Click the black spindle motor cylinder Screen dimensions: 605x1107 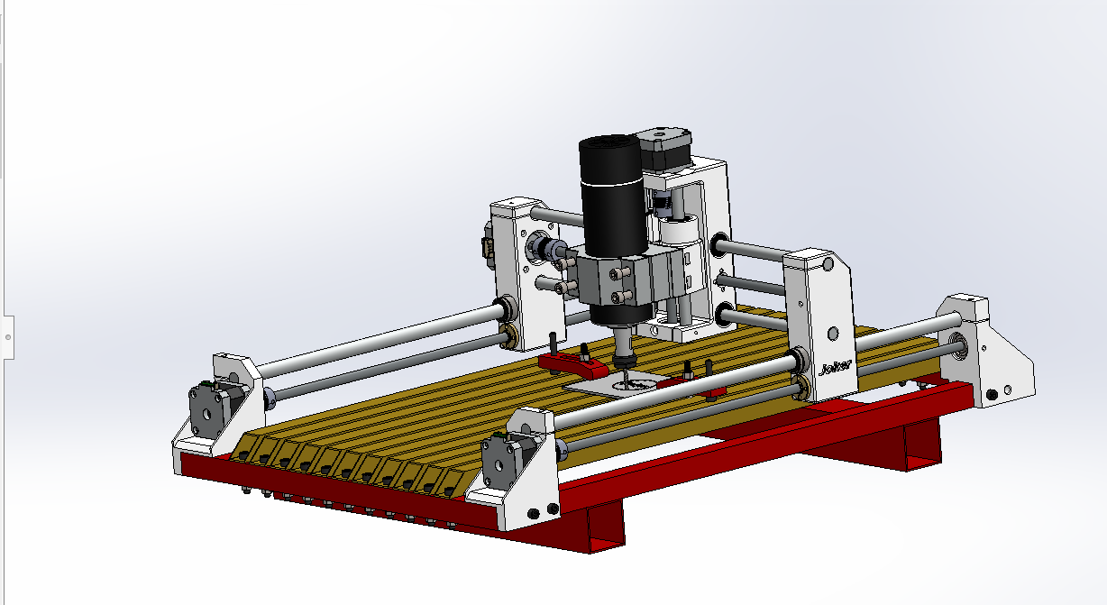pyautogui.click(x=611, y=194)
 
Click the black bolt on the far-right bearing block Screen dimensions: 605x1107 pyautogui.click(x=993, y=393)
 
